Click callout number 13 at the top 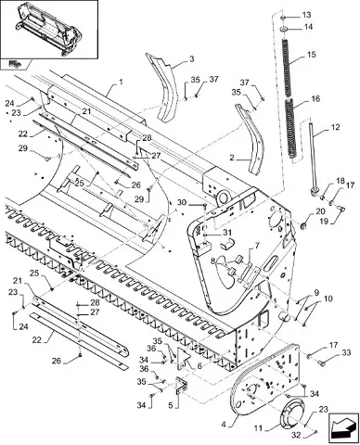(x=306, y=15)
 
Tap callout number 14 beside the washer (x=308, y=27)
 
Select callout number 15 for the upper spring (x=312, y=55)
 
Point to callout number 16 (x=315, y=99)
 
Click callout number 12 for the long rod (x=335, y=127)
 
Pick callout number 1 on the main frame (x=121, y=82)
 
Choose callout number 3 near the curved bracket (x=192, y=58)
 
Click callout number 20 (x=321, y=211)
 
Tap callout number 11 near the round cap (x=258, y=428)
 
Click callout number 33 (x=346, y=352)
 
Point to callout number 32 (x=296, y=435)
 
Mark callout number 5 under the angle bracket (x=171, y=404)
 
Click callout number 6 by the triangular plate (x=199, y=366)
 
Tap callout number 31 (x=226, y=232)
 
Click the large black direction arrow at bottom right (x=341, y=426)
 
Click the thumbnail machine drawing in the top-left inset (x=49, y=29)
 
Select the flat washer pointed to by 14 (x=284, y=29)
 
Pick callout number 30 (x=182, y=203)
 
